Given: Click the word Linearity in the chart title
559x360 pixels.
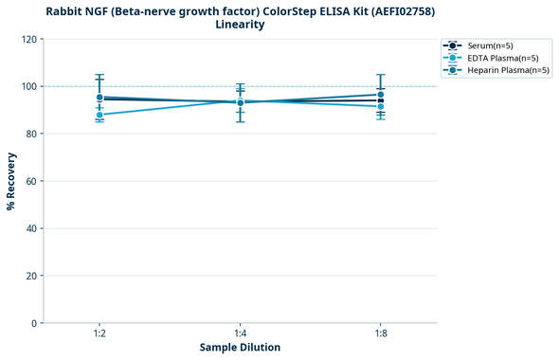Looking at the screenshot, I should click(240, 25).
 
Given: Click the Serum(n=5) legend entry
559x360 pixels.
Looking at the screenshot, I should click(489, 45).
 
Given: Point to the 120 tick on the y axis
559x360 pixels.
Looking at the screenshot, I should click(28, 39).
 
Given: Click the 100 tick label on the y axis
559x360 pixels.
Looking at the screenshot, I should click(28, 86).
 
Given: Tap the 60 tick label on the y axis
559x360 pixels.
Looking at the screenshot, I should click(31, 181).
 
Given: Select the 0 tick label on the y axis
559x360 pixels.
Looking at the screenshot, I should click(34, 323).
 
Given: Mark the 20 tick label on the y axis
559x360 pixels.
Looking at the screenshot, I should click(31, 276).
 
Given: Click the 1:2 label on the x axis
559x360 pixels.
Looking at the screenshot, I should click(99, 333).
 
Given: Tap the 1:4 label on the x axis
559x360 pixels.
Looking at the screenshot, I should click(240, 333).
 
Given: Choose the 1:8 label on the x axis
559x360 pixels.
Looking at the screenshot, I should click(381, 333).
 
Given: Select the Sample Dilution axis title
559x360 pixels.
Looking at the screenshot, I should click(240, 348).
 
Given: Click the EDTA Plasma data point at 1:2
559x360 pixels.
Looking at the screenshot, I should click(99, 115).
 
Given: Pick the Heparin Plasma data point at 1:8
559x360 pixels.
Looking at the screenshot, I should click(381, 95).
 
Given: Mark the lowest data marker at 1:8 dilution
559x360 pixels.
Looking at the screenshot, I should click(381, 106).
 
